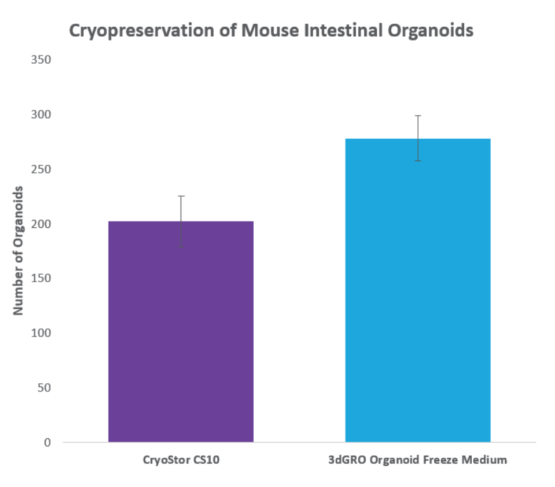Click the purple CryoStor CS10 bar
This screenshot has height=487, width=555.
[181, 332]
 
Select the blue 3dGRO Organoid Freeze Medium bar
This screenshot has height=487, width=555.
[418, 290]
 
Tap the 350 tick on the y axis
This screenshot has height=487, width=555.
[41, 60]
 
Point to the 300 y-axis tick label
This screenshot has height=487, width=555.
[41, 115]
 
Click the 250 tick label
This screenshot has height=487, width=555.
[41, 169]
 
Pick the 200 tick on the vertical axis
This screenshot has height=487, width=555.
[41, 224]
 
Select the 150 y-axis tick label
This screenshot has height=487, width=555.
[41, 278]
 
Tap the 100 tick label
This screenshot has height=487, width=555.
[41, 333]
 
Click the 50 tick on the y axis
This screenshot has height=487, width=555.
[44, 388]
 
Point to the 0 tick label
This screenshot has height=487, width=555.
[47, 443]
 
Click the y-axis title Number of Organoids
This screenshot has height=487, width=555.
[18, 250]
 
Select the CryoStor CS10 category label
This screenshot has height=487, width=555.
[181, 460]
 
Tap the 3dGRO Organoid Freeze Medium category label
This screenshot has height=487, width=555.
[417, 460]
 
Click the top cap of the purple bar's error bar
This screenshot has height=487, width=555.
[181, 196]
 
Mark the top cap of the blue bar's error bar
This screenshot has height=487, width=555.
[418, 116]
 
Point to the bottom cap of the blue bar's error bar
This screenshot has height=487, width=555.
[418, 161]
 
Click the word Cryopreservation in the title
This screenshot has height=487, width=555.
[142, 31]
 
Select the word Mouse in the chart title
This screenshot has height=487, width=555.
[270, 31]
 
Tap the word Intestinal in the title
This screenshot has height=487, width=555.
[343, 31]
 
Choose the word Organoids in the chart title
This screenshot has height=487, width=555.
[431, 31]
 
